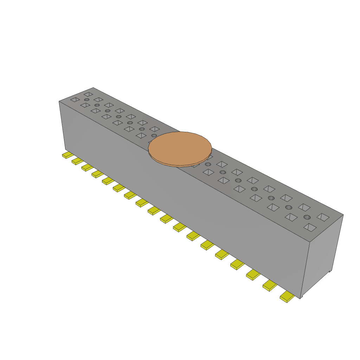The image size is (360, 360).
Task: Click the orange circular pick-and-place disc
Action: coord(180,147)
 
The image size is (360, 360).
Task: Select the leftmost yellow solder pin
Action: coord(67,155)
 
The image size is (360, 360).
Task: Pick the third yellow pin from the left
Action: coord(87,167)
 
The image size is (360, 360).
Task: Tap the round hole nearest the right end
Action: coord(307,217)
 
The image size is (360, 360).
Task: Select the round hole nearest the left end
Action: coord(86,100)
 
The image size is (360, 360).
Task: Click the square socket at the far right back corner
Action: coord(323,217)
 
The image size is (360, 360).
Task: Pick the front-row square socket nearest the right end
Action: coord(310,227)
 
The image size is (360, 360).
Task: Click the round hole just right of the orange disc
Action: coord(208,165)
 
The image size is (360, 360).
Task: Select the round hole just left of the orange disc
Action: coord(154,135)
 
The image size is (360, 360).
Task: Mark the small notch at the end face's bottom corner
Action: coord(330,271)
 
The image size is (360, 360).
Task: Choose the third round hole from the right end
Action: coord(271,198)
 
